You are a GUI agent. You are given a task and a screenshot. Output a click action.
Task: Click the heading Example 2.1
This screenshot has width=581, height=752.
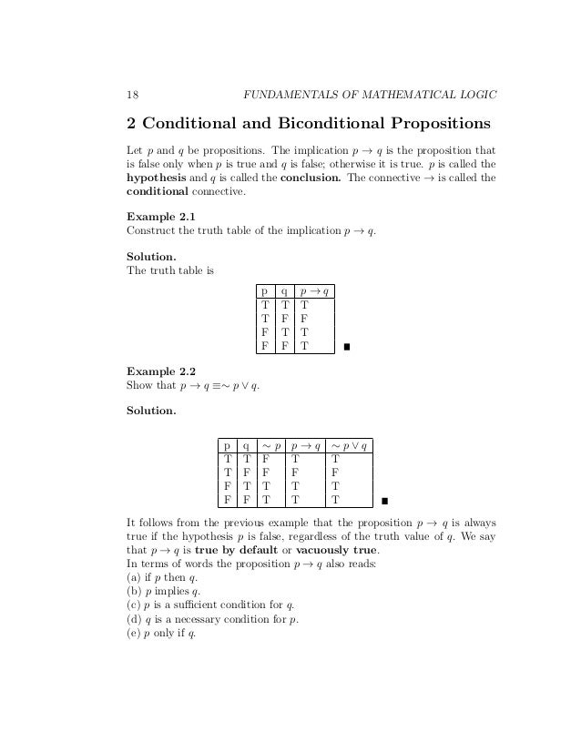point(160,216)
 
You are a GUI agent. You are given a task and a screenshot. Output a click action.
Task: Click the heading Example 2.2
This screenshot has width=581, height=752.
point(160,371)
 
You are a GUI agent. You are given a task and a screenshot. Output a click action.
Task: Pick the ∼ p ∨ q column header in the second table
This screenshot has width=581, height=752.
point(350,445)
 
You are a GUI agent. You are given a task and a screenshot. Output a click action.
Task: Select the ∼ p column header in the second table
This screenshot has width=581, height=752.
point(271,445)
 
